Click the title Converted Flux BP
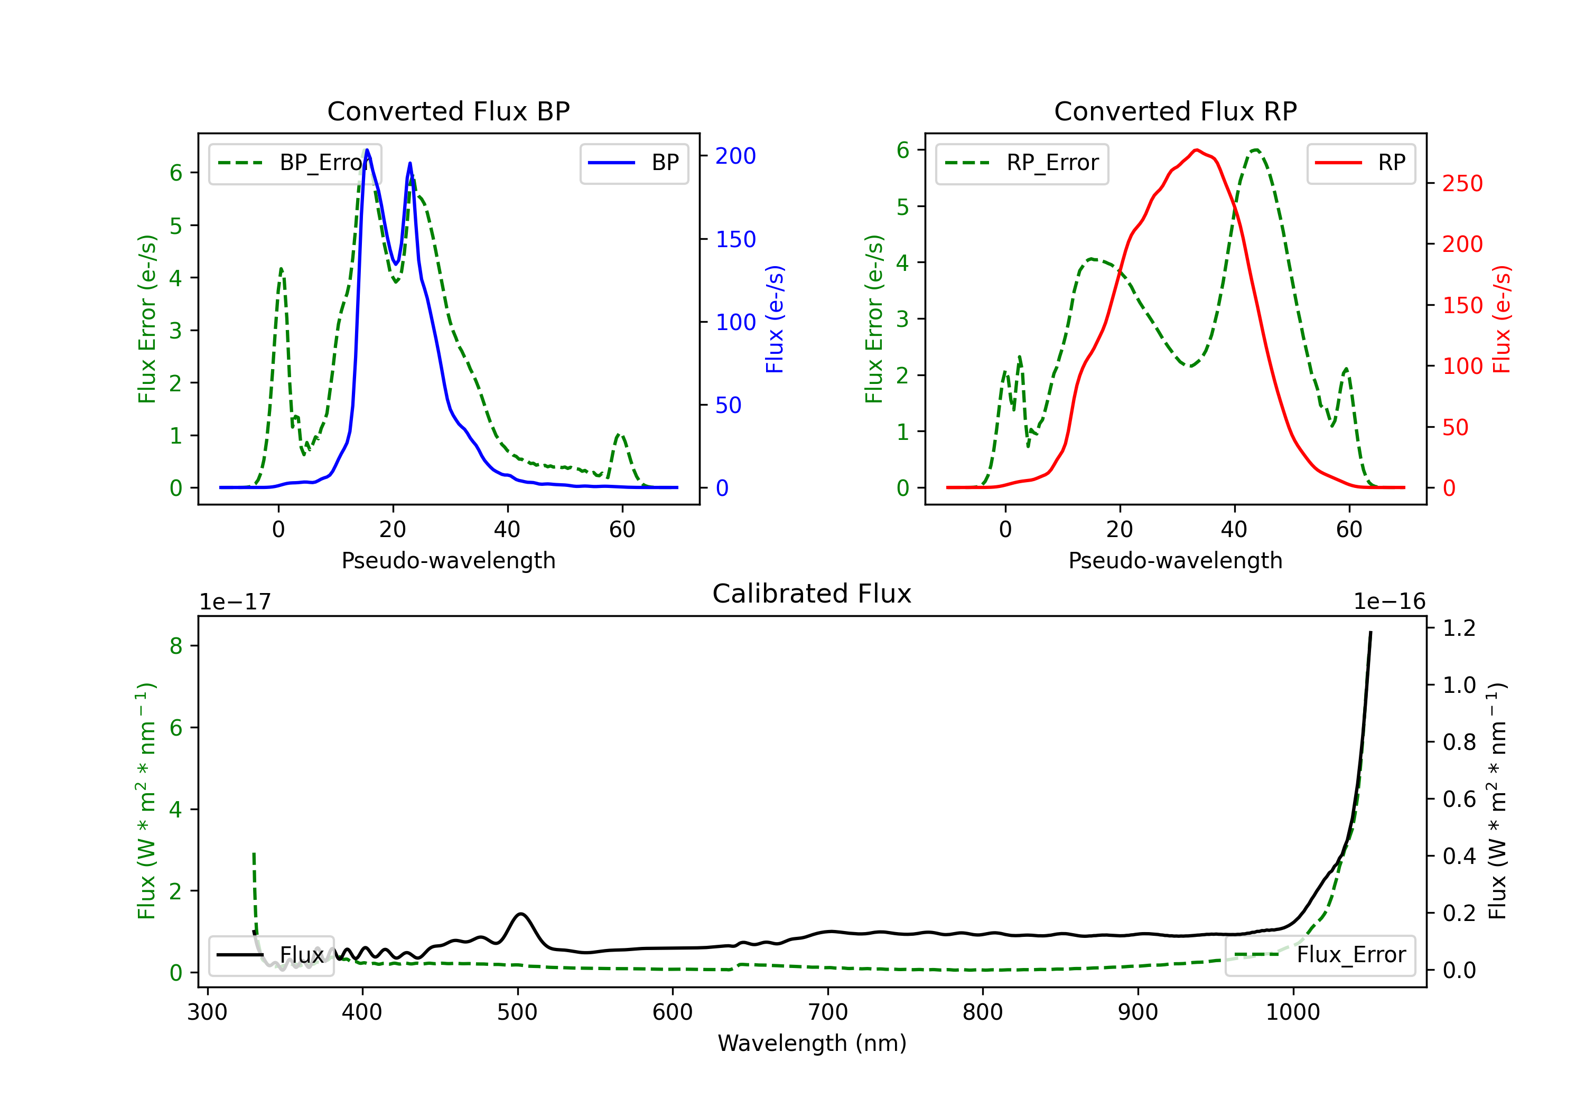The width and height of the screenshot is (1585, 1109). (x=448, y=111)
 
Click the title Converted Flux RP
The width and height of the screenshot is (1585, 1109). (x=1175, y=111)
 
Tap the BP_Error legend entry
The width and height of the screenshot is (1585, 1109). (x=295, y=163)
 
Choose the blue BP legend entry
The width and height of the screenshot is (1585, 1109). (x=633, y=163)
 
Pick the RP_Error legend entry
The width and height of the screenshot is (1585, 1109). (x=1022, y=163)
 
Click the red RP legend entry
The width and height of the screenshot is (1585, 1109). (x=1360, y=163)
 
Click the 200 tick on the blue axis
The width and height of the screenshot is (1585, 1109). (x=735, y=156)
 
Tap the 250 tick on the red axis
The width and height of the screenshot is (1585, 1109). (x=1462, y=184)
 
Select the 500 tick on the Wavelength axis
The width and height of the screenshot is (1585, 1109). (x=517, y=1012)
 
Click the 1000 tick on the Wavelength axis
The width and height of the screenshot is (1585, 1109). (x=1292, y=1012)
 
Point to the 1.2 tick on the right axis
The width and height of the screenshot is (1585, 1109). (x=1459, y=628)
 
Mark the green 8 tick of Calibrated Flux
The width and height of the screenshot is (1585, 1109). (x=176, y=646)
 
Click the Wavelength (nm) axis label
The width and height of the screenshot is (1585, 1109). (x=812, y=1043)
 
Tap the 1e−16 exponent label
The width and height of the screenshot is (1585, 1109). (x=1389, y=602)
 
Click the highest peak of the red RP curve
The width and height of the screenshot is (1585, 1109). (x=1196, y=150)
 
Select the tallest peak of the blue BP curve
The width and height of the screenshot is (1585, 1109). (x=367, y=150)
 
